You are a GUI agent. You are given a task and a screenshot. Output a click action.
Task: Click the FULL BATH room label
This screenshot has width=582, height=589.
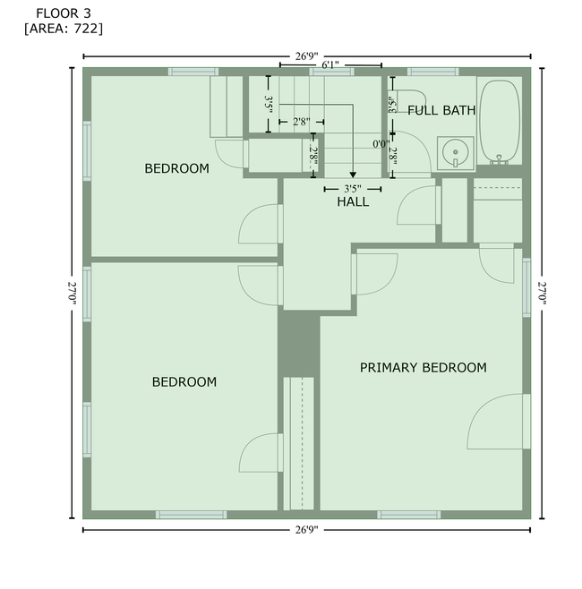[x=441, y=110]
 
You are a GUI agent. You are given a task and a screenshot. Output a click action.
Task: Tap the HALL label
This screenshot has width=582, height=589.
[x=353, y=201]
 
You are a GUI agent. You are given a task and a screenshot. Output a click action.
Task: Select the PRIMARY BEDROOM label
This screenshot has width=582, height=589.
[x=423, y=367]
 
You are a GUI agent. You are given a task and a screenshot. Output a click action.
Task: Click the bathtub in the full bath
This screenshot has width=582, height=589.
[x=500, y=121]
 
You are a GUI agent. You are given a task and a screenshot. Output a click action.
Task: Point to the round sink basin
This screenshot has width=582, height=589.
[x=456, y=152]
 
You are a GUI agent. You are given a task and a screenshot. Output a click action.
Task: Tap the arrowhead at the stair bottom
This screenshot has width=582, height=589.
[x=353, y=175]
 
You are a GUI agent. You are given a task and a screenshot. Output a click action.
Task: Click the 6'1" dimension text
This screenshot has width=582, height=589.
[x=330, y=65]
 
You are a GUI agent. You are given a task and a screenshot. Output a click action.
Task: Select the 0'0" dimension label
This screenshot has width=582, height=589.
[x=381, y=144]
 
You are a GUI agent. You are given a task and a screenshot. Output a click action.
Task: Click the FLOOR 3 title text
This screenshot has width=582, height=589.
[x=64, y=13]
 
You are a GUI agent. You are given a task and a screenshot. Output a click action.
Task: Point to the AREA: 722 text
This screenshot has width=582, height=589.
[x=64, y=29]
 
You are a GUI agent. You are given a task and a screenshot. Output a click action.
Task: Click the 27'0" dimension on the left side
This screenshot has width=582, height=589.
[x=73, y=293]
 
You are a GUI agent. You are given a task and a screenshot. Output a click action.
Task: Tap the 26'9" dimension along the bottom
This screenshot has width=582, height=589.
[x=306, y=530]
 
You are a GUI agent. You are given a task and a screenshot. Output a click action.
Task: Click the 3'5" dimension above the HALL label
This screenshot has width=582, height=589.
[x=353, y=189]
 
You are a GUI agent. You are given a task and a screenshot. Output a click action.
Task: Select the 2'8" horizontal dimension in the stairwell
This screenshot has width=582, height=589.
[x=302, y=122]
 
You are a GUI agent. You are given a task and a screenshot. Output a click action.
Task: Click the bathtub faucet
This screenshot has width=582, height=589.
[x=499, y=159]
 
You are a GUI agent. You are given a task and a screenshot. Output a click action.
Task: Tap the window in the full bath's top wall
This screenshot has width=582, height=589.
[x=433, y=72]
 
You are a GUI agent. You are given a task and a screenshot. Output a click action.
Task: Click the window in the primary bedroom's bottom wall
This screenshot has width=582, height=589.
[x=409, y=515]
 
